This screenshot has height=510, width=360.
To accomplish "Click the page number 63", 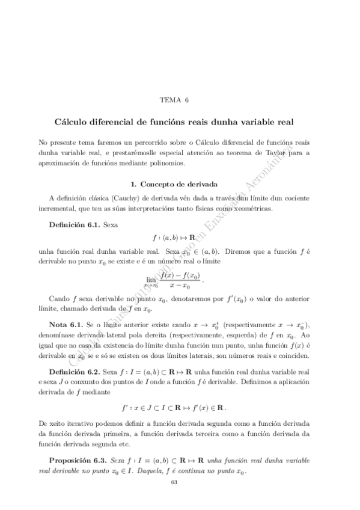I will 174,482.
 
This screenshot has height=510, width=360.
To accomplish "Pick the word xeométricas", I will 250,209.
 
